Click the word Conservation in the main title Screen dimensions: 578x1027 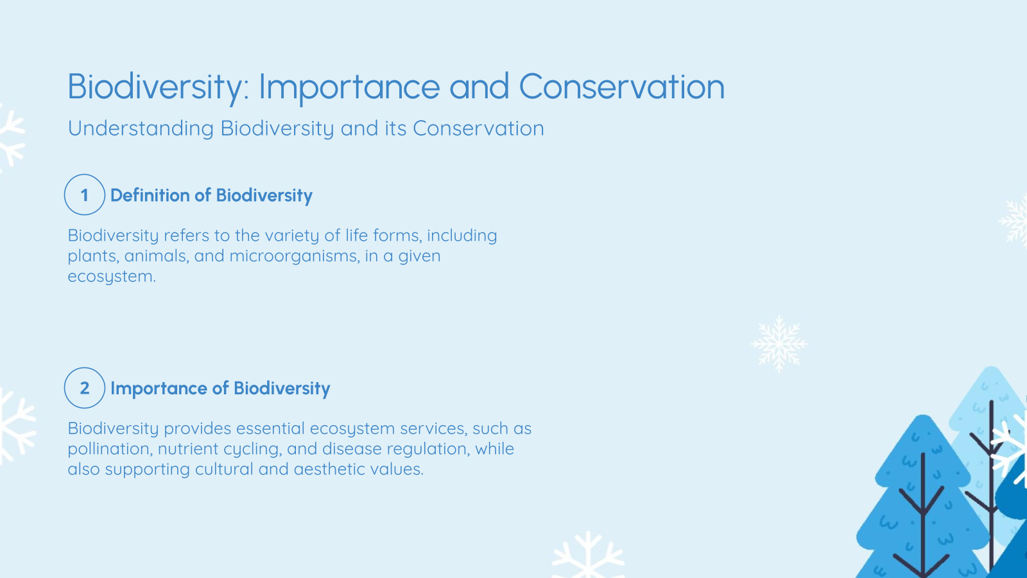tap(621, 87)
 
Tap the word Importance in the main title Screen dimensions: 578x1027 tap(349, 87)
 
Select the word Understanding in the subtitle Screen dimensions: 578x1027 tap(141, 128)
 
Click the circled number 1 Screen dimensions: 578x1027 tap(85, 195)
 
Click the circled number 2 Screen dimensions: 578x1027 tap(85, 388)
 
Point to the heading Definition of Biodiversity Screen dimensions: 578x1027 tap(211, 195)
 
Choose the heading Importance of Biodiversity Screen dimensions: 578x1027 tap(220, 389)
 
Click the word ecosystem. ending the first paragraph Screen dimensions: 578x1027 tap(112, 277)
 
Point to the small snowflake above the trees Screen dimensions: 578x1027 tap(779, 344)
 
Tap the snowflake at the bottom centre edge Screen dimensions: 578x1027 tap(588, 556)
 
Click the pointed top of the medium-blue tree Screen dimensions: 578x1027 tap(922, 419)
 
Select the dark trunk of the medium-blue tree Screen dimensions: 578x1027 tap(923, 514)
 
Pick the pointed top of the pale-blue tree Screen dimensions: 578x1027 tap(992, 371)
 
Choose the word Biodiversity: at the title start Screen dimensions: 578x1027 tap(158, 87)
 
